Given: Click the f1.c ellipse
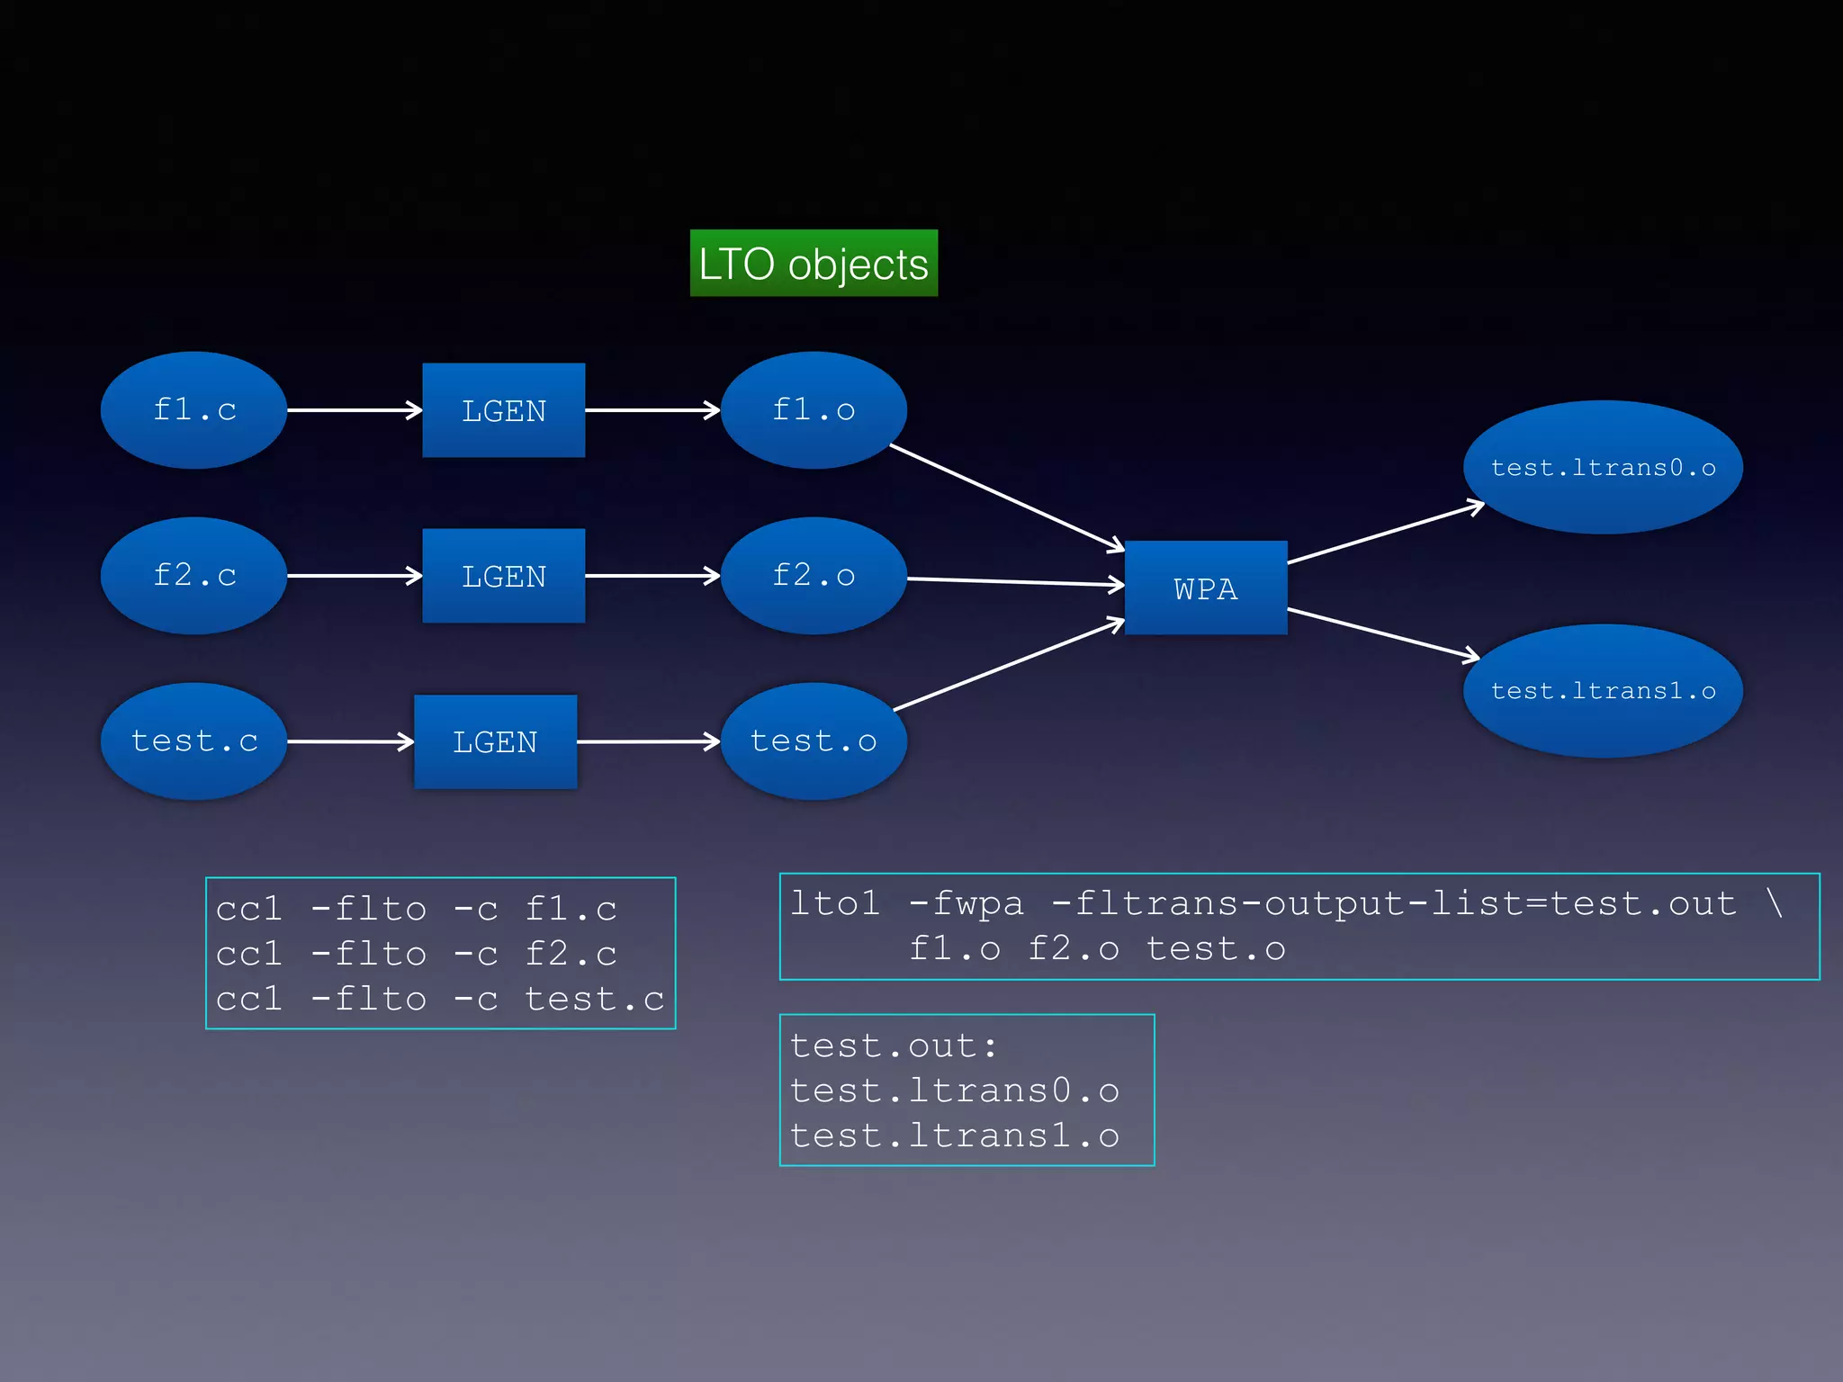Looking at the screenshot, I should (x=193, y=410).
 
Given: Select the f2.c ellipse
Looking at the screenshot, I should (x=193, y=576).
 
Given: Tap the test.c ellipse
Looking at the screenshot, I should (x=193, y=741).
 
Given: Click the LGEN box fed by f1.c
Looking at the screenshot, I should (x=504, y=410).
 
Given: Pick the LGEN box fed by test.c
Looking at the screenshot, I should (x=495, y=741).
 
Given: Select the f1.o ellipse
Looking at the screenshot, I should (x=814, y=410).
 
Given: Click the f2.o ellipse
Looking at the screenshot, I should (x=814, y=576).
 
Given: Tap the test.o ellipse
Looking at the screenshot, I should (x=814, y=741).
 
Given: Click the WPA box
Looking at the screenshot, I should (x=1206, y=588).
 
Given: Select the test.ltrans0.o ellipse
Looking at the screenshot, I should (x=1603, y=468).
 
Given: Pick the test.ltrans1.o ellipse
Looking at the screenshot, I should (x=1603, y=691).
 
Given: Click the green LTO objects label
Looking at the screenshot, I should (x=814, y=264).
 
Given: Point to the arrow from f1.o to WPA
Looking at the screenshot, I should (x=1006, y=497).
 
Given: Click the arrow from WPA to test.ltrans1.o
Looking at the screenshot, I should (x=1382, y=633).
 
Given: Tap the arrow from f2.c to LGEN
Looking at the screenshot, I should (x=354, y=576).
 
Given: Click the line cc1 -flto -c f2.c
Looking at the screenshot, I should (x=416, y=954).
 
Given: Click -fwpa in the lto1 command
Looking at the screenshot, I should (x=966, y=903).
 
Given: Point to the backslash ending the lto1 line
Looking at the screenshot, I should (x=1774, y=902).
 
